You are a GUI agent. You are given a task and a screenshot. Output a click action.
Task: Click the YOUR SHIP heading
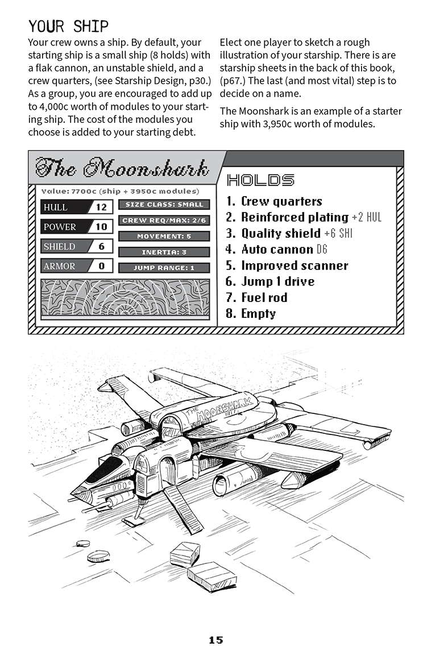coord(68,26)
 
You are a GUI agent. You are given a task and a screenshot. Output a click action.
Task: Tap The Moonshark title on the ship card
coord(122,168)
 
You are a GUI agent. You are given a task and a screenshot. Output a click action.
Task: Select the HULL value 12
coord(101,207)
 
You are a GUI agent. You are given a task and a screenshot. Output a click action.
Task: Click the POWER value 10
coord(101,227)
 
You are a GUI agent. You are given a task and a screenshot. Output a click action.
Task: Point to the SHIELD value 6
coord(101,246)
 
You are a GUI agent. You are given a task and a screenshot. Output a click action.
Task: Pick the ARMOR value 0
coord(101,266)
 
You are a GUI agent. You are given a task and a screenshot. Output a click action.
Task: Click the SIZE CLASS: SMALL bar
coord(164,205)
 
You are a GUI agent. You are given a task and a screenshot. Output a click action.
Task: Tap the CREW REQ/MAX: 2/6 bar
coord(164,221)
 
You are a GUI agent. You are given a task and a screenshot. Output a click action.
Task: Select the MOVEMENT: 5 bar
coord(164,237)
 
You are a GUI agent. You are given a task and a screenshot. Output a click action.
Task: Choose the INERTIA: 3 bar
coord(164,252)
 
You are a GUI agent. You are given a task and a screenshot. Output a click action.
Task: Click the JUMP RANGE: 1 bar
coord(164,268)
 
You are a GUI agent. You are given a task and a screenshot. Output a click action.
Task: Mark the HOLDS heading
coord(260,180)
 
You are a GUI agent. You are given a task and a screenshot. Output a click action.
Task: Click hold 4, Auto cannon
coord(276,250)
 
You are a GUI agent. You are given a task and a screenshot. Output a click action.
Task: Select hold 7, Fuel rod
coord(256,297)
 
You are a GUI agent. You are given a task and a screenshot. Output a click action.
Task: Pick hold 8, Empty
coord(251,314)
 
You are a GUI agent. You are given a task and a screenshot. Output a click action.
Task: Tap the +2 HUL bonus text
coord(367,217)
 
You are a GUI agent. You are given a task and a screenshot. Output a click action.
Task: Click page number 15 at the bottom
coord(216,640)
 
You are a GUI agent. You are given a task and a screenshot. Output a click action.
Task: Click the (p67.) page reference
coord(233,81)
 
